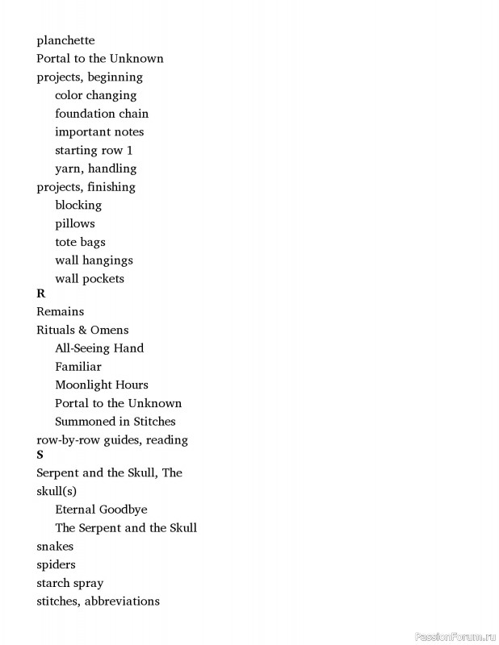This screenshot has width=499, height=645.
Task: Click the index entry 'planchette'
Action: [x=65, y=40]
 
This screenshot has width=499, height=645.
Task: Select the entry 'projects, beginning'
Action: [x=90, y=77]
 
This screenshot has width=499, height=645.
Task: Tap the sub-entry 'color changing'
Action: [x=95, y=95]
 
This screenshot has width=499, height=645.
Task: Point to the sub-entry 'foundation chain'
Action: [x=102, y=114]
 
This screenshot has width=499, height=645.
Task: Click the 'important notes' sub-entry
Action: [x=99, y=132]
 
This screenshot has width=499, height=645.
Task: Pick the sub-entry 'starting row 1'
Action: [x=94, y=151]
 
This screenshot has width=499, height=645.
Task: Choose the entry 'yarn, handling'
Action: [x=95, y=169]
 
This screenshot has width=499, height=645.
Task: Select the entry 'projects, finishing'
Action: [x=86, y=187]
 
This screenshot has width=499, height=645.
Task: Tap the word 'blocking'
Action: [x=78, y=206]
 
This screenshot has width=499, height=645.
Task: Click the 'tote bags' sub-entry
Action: [x=80, y=242]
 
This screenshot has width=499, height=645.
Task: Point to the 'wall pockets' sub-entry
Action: [x=90, y=279]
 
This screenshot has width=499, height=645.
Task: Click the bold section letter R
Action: [x=41, y=294]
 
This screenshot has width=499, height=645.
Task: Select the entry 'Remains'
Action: [x=60, y=311]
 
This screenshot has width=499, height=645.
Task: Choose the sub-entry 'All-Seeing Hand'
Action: [x=99, y=348]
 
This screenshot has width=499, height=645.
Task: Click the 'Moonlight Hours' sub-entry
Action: [x=102, y=385]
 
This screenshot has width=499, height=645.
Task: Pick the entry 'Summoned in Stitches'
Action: [x=115, y=422]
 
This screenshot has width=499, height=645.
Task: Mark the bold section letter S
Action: [x=40, y=456]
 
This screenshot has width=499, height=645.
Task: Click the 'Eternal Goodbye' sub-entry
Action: [x=101, y=510]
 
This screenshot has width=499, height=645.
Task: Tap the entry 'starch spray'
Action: [x=69, y=583]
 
